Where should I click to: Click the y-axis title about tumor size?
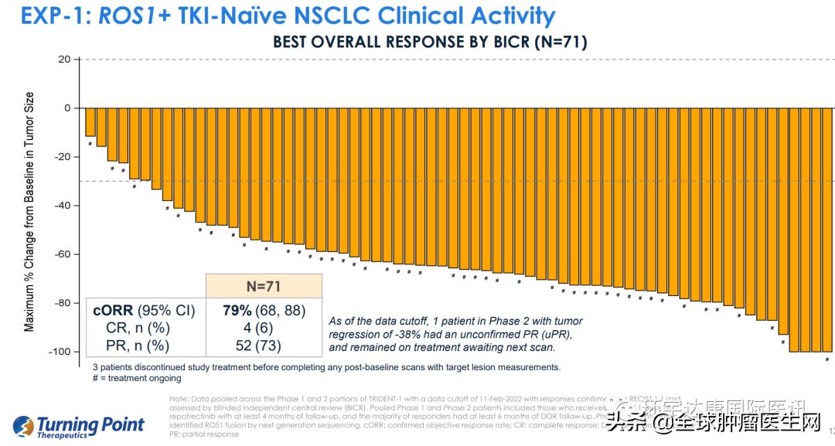pyautogui.click(x=30, y=212)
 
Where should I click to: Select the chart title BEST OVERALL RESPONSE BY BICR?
pyautogui.click(x=429, y=42)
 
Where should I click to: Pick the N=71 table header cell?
pyautogui.click(x=263, y=285)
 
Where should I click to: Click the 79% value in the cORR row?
pyautogui.click(x=237, y=311)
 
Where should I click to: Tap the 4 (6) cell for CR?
pyautogui.click(x=263, y=328)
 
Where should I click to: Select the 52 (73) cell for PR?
pyautogui.click(x=263, y=346)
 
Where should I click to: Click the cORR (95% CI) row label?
pyautogui.click(x=144, y=311)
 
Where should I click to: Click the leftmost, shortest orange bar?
pyautogui.click(x=90, y=122)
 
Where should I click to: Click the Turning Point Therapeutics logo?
pyautogui.click(x=80, y=426)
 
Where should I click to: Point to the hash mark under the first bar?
pyautogui.click(x=90, y=143)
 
